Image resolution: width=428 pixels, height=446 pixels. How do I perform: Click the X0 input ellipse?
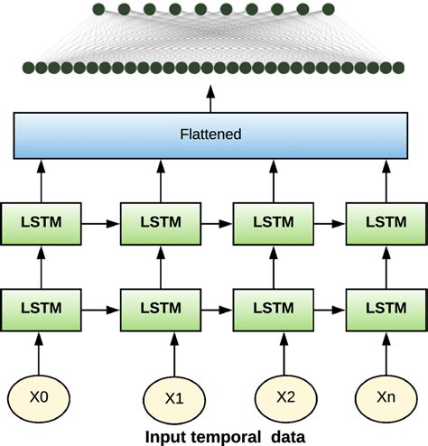pos(38,395)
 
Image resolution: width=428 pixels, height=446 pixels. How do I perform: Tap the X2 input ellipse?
pos(284,395)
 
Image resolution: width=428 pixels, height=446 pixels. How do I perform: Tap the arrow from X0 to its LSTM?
pos(38,350)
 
